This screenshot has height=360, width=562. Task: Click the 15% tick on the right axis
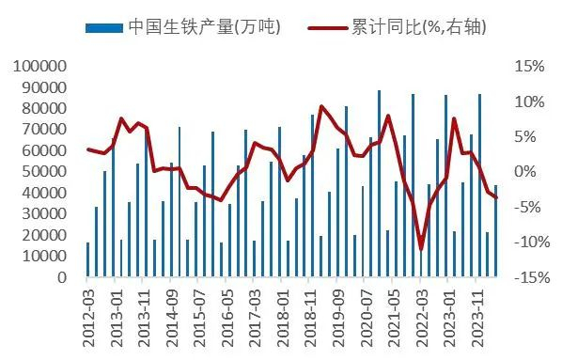pos(529,67)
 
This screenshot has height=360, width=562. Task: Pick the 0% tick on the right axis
pos(533,172)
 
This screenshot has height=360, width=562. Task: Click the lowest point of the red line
pos(422,249)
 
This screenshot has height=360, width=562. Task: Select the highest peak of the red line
pos(321,106)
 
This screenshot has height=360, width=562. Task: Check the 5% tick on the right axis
pos(533,137)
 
